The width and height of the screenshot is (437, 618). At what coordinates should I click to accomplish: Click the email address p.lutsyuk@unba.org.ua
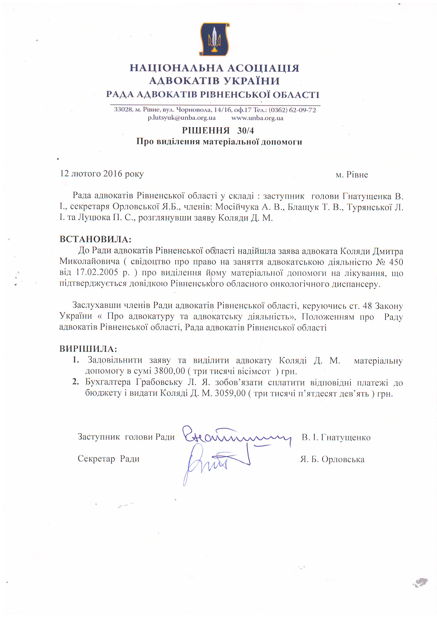click(181, 118)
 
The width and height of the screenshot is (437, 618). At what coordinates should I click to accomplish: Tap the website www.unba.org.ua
click(257, 118)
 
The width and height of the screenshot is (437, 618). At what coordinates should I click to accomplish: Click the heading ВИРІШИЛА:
click(88, 349)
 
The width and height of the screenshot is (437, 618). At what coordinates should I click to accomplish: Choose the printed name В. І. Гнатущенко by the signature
click(336, 437)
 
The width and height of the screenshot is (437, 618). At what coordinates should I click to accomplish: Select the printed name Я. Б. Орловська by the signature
click(332, 459)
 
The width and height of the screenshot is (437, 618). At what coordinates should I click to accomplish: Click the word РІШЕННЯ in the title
click(206, 131)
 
